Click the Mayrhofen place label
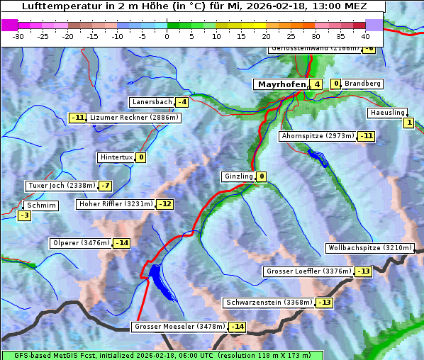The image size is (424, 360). [x=281, y=84]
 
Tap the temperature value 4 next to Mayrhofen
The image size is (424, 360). [x=316, y=84]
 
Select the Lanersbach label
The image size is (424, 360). [x=152, y=102]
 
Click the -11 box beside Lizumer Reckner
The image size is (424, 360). [x=77, y=118]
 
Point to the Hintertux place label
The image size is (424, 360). [x=116, y=157]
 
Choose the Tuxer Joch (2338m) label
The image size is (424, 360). [x=60, y=186]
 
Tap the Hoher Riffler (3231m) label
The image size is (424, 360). [x=115, y=204]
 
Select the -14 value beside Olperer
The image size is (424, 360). [x=122, y=243]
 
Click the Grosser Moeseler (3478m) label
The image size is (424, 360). [x=179, y=327]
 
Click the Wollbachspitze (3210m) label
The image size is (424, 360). [x=369, y=248]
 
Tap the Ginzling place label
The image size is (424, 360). [x=238, y=176]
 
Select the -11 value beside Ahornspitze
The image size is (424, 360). [x=366, y=135]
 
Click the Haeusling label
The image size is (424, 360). [x=387, y=113]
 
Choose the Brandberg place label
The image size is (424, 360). [x=362, y=84]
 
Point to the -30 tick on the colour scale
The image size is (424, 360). [x=18, y=35]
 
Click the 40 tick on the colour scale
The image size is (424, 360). [x=365, y=35]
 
